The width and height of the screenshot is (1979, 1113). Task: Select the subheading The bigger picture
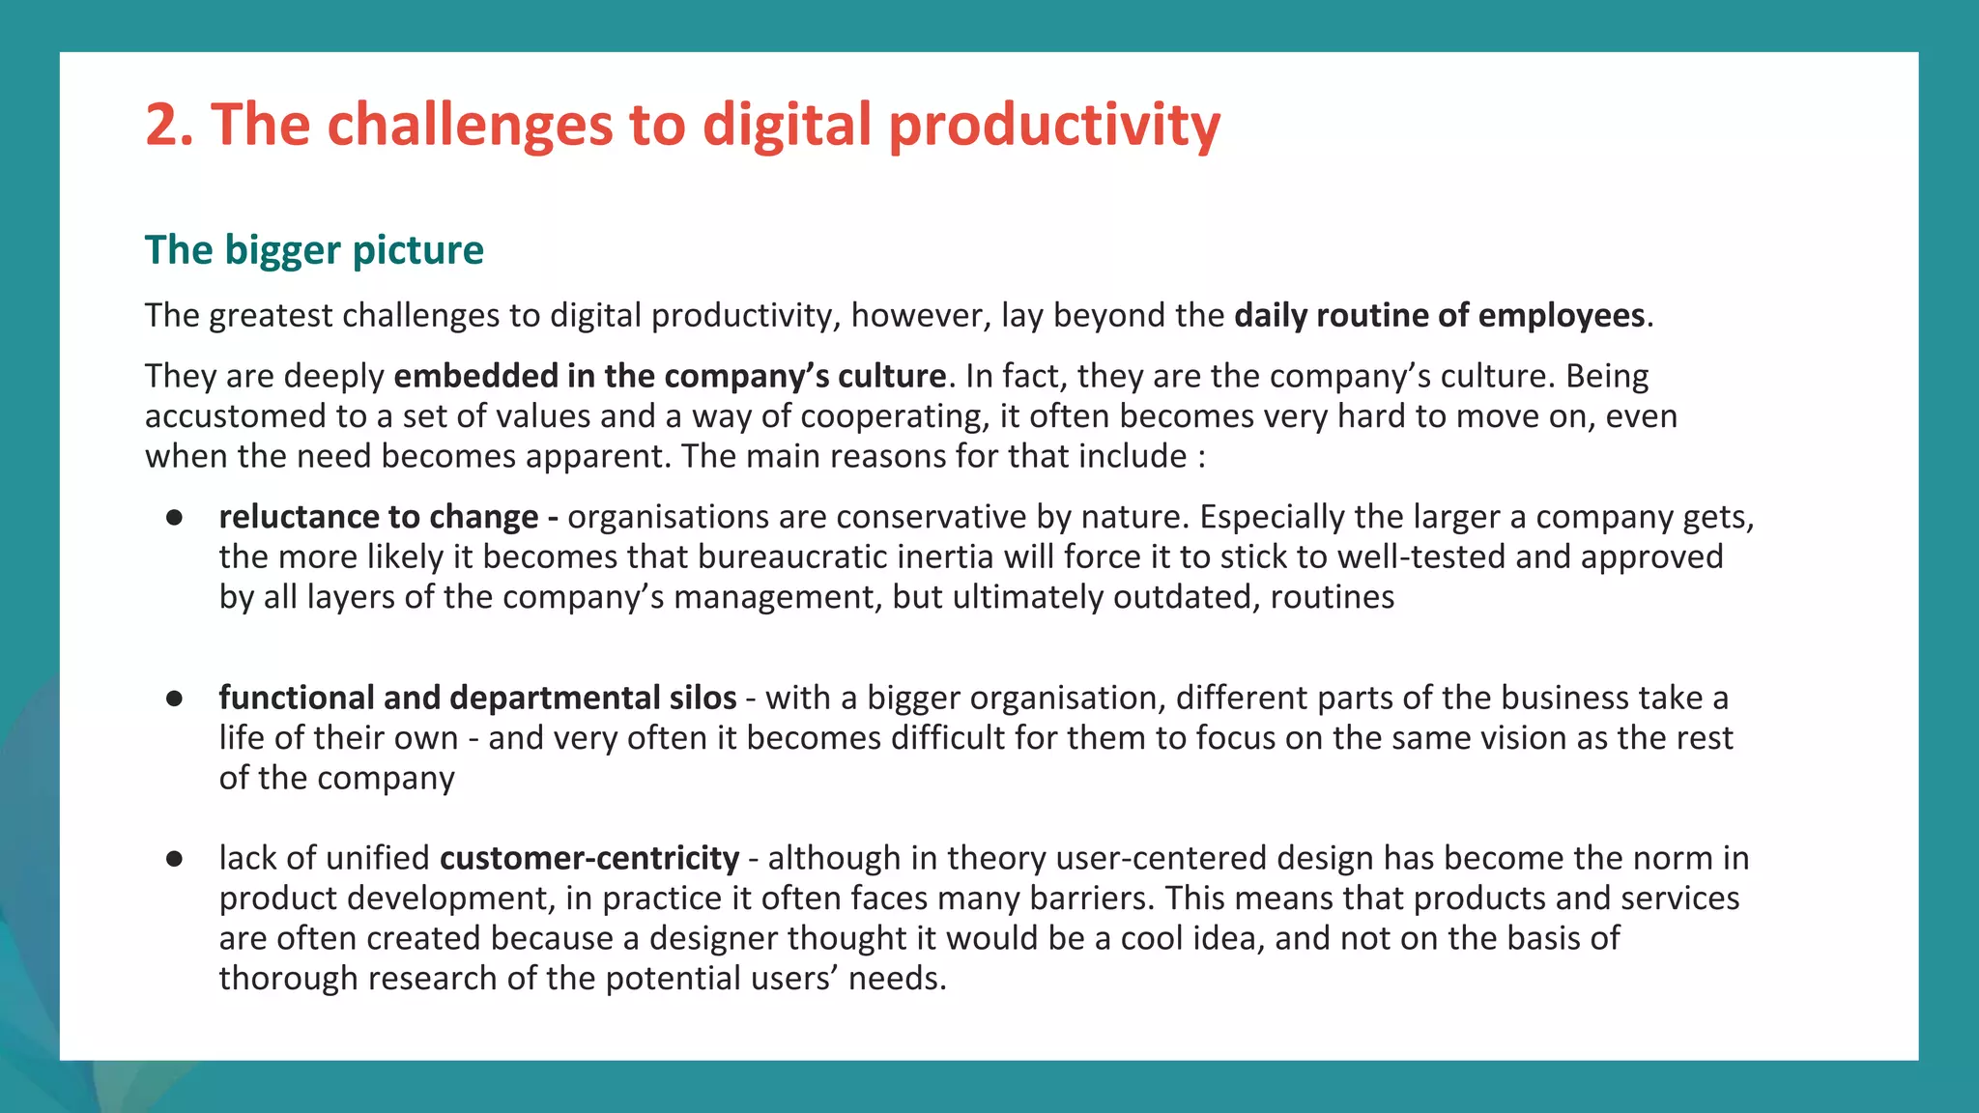[314, 250]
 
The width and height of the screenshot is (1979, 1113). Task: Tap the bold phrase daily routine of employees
[1439, 316]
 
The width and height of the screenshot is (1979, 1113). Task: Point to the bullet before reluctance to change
[175, 518]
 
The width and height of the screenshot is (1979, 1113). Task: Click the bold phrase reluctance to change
[379, 518]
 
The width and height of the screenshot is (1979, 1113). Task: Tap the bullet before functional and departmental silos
[175, 699]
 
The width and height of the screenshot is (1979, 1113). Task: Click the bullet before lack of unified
[175, 859]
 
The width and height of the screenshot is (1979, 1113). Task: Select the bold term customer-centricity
[589, 859]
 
